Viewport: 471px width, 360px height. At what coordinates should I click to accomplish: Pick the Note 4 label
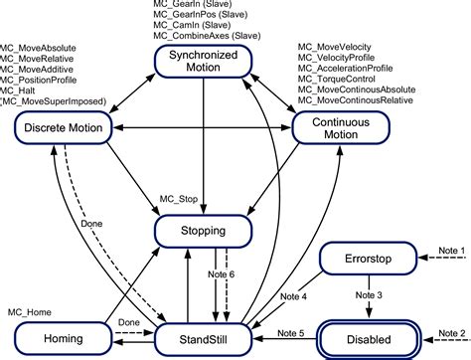[296, 294]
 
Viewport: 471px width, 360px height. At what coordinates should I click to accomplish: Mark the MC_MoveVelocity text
[339, 47]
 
